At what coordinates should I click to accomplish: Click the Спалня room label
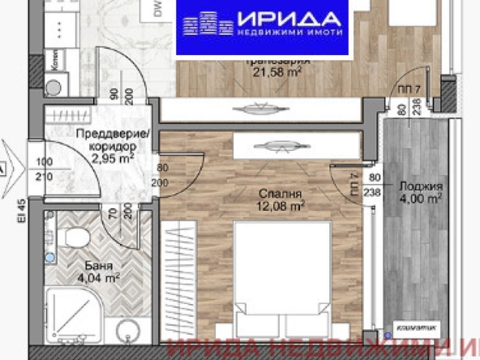click(x=281, y=194)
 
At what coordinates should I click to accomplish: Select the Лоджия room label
click(x=420, y=184)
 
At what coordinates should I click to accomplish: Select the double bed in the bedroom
click(x=281, y=276)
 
